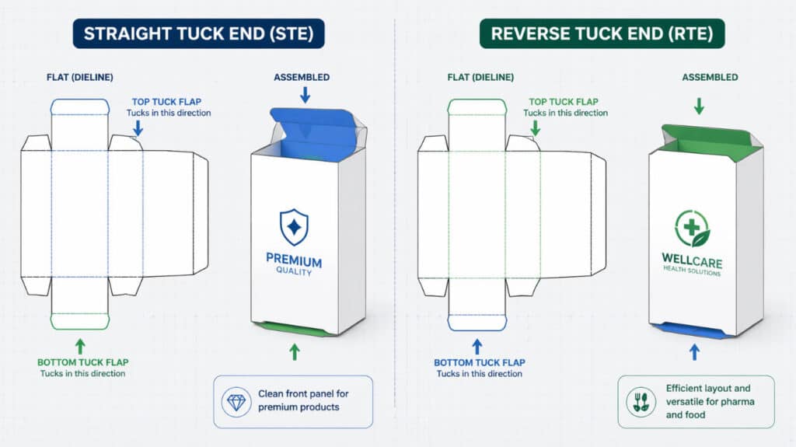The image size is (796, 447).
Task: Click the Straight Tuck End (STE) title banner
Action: tap(198, 33)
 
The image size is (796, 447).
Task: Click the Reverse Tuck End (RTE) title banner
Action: tap(602, 33)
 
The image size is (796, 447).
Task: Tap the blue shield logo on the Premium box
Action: tap(294, 226)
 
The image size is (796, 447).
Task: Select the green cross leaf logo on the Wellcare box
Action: tap(691, 228)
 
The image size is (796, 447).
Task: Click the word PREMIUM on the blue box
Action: tap(294, 260)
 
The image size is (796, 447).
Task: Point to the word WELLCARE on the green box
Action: tap(691, 259)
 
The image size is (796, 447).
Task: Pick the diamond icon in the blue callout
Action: tap(236, 401)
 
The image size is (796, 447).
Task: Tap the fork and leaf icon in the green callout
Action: tap(640, 401)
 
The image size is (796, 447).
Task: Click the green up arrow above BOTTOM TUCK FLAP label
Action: tap(79, 345)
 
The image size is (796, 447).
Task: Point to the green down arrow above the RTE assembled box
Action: tap(699, 105)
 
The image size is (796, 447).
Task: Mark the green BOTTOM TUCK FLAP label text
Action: tap(83, 362)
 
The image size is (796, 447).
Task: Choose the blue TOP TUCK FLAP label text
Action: tap(168, 102)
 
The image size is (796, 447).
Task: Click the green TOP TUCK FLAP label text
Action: tap(564, 102)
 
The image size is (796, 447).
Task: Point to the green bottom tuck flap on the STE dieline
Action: tap(79, 320)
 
